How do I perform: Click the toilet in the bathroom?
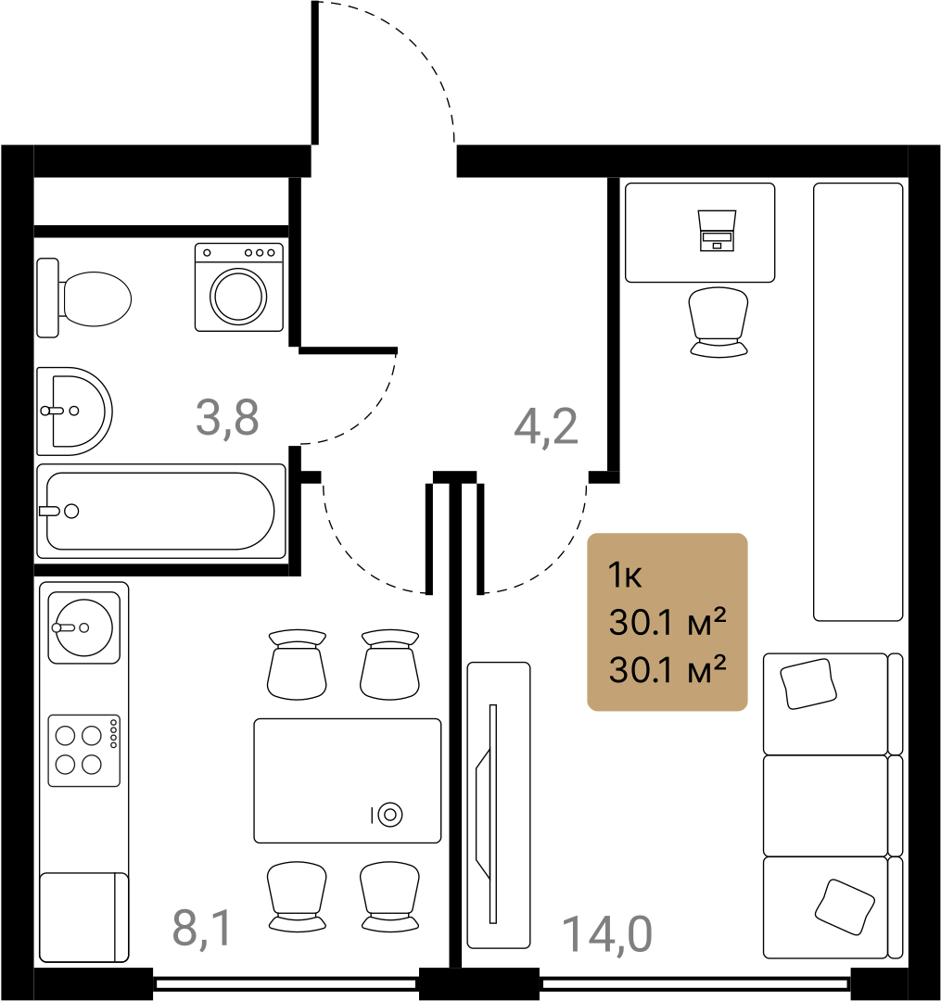click(x=84, y=298)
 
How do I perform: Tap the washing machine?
click(x=239, y=287)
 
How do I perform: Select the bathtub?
click(x=161, y=512)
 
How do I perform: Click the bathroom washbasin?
click(x=74, y=412)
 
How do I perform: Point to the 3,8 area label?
click(x=227, y=417)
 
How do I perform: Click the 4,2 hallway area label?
click(x=546, y=426)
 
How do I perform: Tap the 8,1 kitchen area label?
click(x=201, y=929)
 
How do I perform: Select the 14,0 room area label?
click(x=607, y=934)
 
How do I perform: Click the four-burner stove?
click(x=84, y=751)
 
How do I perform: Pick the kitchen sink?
click(x=84, y=628)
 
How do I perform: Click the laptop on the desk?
click(x=717, y=231)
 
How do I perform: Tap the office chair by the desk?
click(x=718, y=322)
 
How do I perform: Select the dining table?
click(x=348, y=780)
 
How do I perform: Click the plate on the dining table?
click(x=390, y=815)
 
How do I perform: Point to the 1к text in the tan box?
click(x=625, y=576)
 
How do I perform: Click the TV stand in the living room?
click(x=499, y=805)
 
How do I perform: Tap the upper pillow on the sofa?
click(x=808, y=684)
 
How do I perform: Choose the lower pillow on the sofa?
click(x=845, y=907)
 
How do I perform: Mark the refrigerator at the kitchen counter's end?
click(x=84, y=918)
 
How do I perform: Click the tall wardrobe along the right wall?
click(x=858, y=402)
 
